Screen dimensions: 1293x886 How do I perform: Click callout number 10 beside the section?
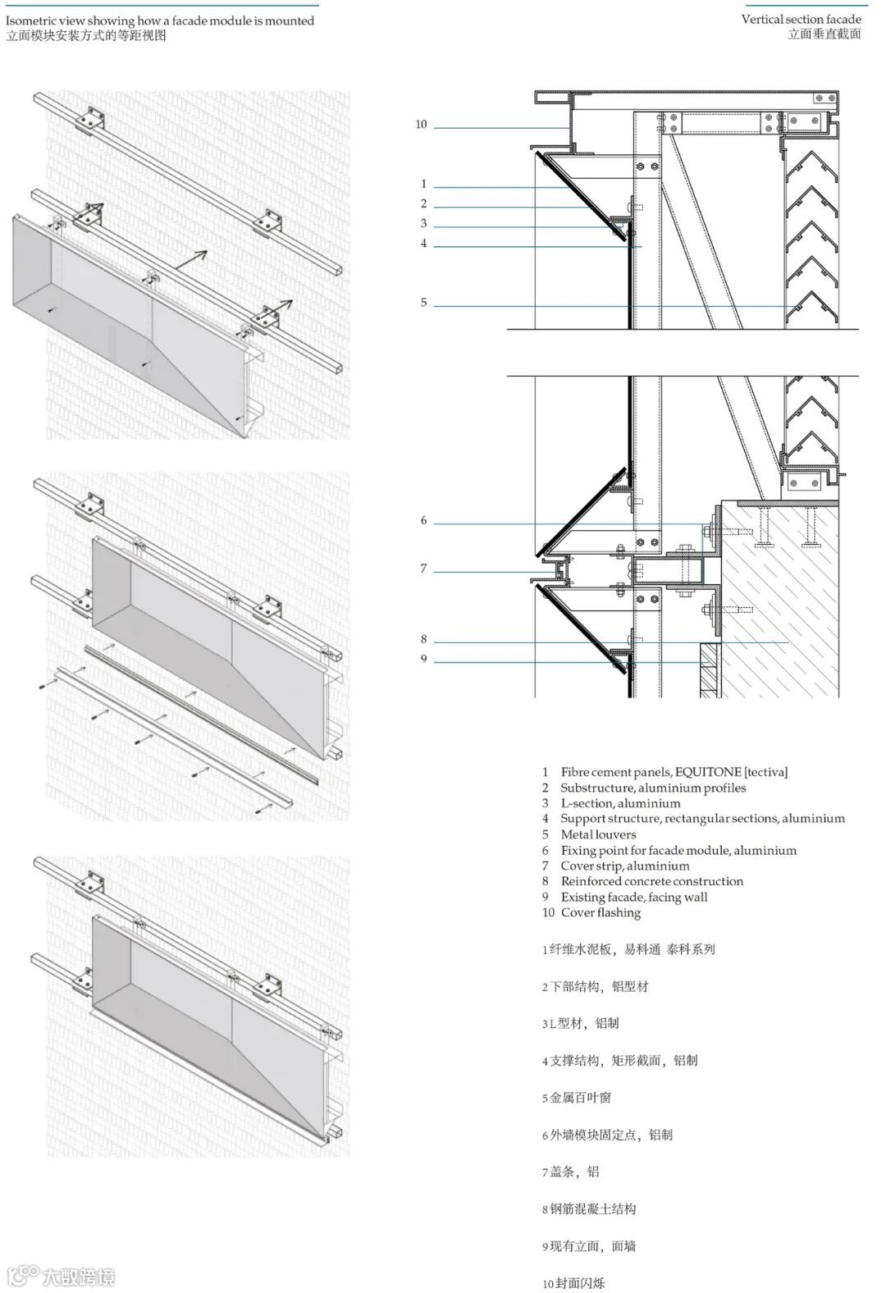tap(421, 125)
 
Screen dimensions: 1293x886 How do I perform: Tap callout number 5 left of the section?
tap(424, 303)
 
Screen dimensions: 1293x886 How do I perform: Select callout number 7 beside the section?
tap(424, 569)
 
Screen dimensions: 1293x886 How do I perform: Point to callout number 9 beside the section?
tap(424, 659)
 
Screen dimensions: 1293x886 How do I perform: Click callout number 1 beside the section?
tap(424, 185)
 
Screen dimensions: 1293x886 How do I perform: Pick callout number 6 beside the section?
tap(424, 521)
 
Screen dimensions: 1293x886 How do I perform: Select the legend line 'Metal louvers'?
tap(598, 834)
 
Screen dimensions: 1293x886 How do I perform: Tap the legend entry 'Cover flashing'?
tap(601, 912)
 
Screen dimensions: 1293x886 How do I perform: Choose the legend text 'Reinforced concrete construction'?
tap(652, 881)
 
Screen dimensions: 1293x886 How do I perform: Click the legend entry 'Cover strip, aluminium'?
tap(625, 866)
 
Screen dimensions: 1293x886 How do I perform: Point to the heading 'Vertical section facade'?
tap(801, 19)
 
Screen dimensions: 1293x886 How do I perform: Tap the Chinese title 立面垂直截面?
tap(824, 34)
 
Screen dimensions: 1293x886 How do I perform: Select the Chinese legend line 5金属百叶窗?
tap(577, 1098)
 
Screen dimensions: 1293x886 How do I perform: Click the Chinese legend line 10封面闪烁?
tap(573, 1283)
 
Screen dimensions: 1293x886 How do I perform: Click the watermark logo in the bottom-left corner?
tap(23, 1277)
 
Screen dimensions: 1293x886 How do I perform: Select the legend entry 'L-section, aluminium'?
tap(620, 803)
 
